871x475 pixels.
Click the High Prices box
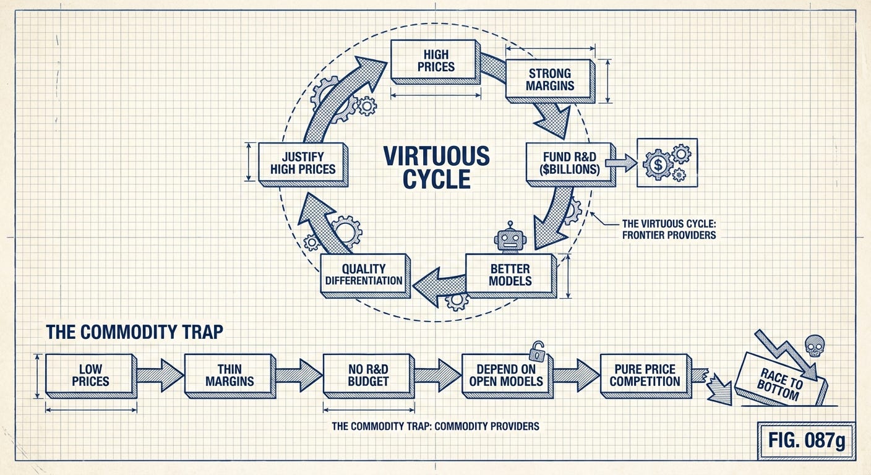tap(435, 60)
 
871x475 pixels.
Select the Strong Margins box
tap(549, 79)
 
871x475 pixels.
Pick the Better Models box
tap(510, 275)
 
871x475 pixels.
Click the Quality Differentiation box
tap(364, 275)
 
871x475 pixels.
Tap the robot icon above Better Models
tap(510, 237)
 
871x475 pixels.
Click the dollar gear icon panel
tap(667, 162)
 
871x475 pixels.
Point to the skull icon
tap(814, 345)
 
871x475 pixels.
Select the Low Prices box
tap(90, 375)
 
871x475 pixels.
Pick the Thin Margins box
tap(229, 375)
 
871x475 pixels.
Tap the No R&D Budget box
tap(367, 375)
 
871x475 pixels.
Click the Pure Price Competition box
tap(645, 375)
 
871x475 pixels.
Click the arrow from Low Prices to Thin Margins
tap(160, 375)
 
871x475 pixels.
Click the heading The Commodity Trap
tap(134, 332)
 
